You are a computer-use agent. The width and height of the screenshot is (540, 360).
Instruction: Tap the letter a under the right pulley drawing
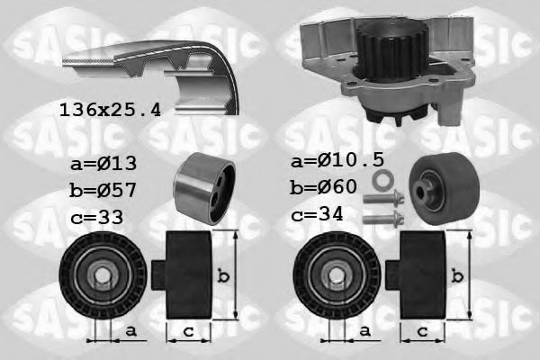click(365, 331)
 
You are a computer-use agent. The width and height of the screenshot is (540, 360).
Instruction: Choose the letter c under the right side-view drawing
click(421, 331)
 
